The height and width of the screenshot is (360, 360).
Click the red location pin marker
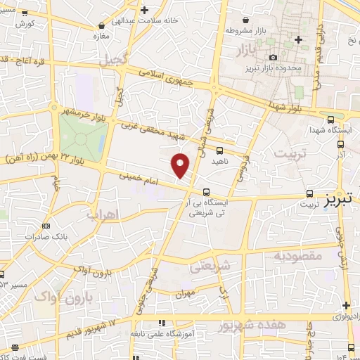pyautogui.click(x=181, y=165)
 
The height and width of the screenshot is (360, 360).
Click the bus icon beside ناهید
pyautogui.click(x=220, y=150)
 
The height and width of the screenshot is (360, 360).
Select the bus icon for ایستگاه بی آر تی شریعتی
pyautogui.click(x=206, y=192)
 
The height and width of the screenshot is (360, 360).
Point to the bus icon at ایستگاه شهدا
pyautogui.click(x=330, y=120)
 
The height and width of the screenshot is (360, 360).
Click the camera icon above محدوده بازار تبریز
pyautogui.click(x=273, y=58)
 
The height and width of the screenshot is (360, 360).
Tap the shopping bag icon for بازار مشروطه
pyautogui.click(x=245, y=21)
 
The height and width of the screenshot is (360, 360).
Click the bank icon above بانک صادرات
pyautogui.click(x=46, y=226)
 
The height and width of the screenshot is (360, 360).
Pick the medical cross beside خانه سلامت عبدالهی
pyautogui.click(x=144, y=10)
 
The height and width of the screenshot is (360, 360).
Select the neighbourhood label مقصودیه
pyautogui.click(x=297, y=256)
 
